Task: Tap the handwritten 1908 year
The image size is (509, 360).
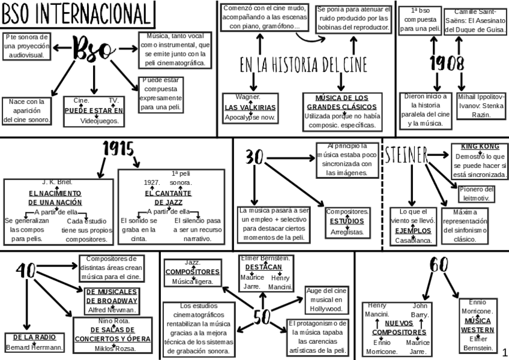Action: pos(447,64)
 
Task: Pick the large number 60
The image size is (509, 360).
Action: pos(440,265)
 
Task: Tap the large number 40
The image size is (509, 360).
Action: pos(27,272)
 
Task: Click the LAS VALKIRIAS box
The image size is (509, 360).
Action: pos(250,107)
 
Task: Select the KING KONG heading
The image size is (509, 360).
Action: pos(480,146)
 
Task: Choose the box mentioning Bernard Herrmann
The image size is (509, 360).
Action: pos(34,342)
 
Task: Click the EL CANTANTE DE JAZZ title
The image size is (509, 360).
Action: pos(168,197)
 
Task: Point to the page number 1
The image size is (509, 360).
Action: pos(504,350)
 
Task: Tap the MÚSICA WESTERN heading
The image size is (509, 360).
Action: pos(478,325)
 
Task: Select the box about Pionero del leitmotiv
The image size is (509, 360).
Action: pos(477,194)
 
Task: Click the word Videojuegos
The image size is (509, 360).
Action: pos(100,120)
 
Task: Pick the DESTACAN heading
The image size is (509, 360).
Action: pos(264,266)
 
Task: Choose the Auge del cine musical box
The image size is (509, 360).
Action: pos(327,299)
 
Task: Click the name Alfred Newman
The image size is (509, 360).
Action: pos(112,310)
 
